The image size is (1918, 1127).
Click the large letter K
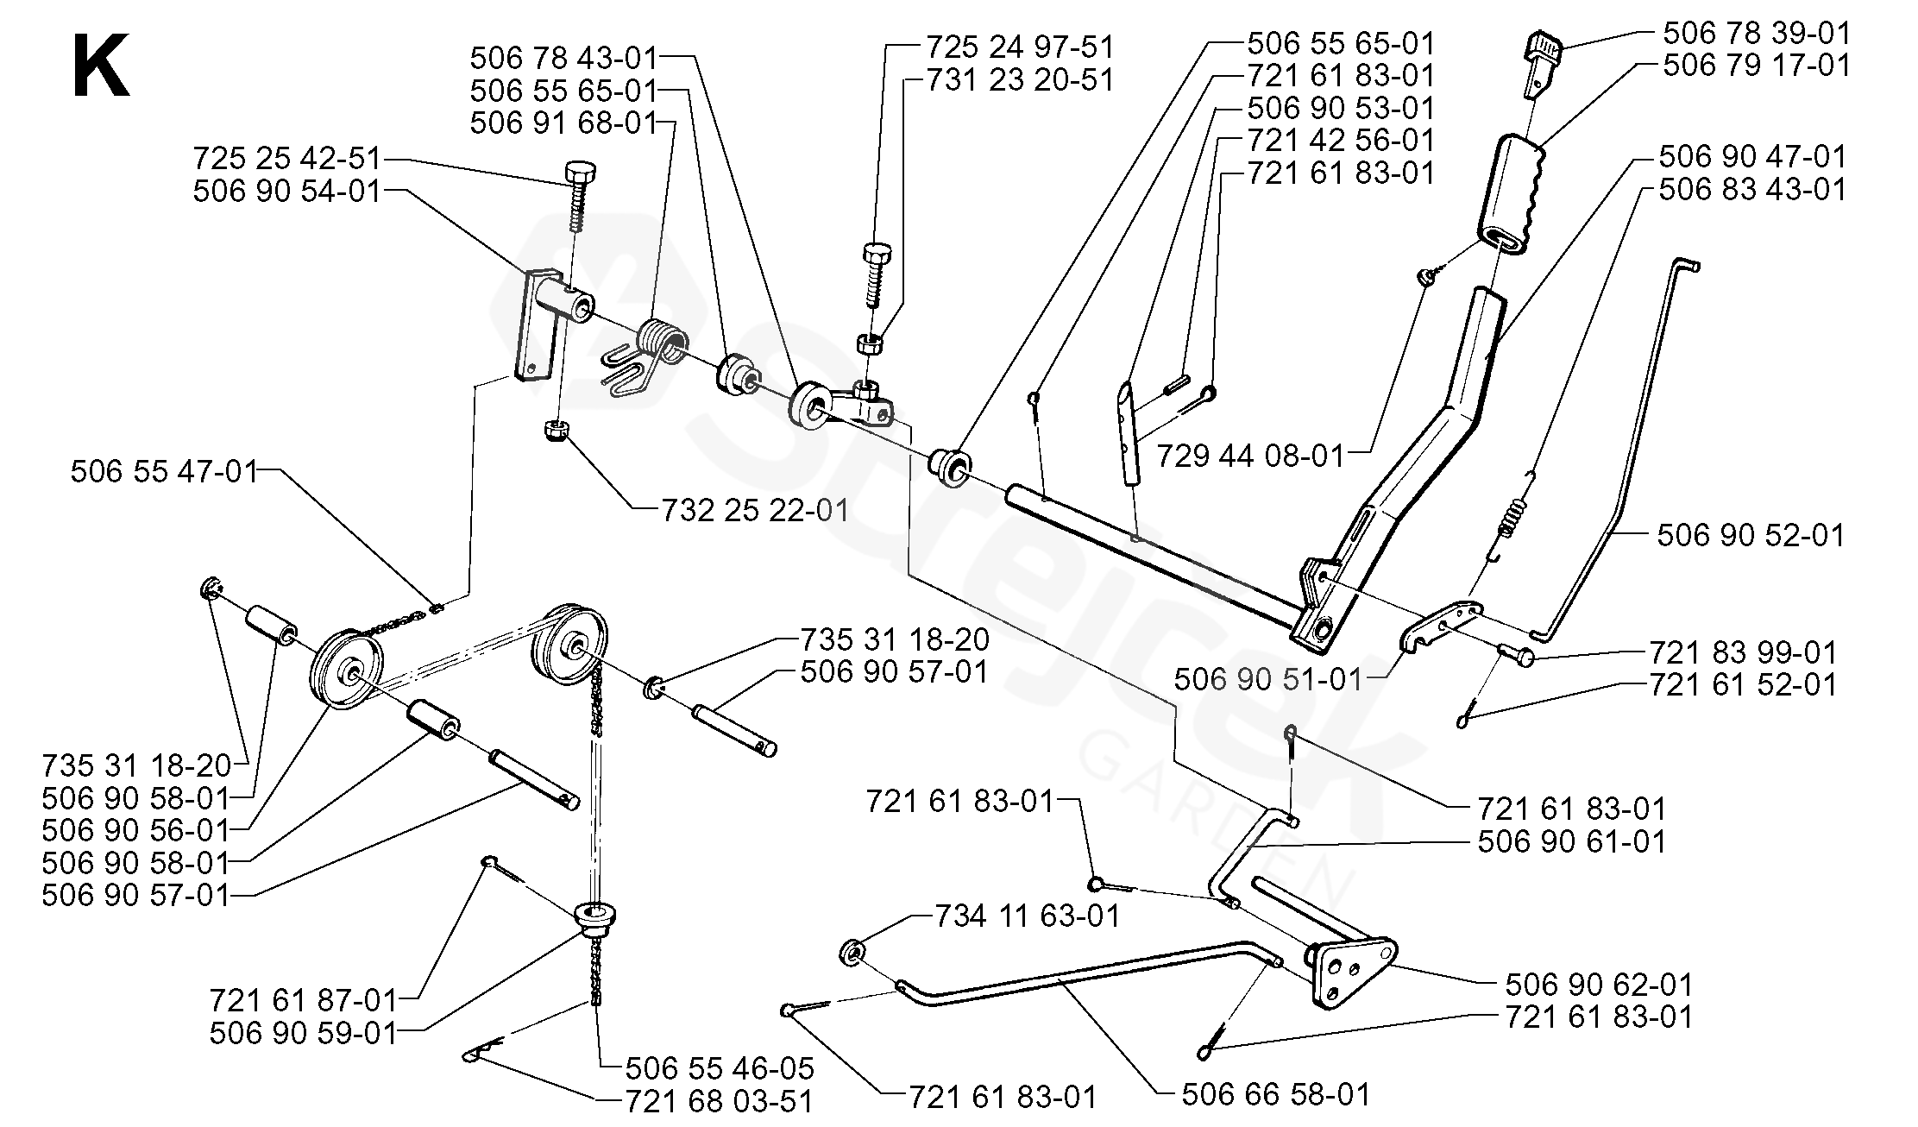102,66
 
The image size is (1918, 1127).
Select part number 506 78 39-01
1757,33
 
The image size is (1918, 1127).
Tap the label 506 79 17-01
1757,66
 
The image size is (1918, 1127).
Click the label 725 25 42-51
286,158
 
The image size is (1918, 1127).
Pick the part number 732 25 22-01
755,510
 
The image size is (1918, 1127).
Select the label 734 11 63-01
1028,915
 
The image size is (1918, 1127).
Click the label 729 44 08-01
1251,455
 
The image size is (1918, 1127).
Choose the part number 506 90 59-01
303,1033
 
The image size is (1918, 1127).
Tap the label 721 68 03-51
719,1101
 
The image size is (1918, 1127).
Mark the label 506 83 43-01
1752,189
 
